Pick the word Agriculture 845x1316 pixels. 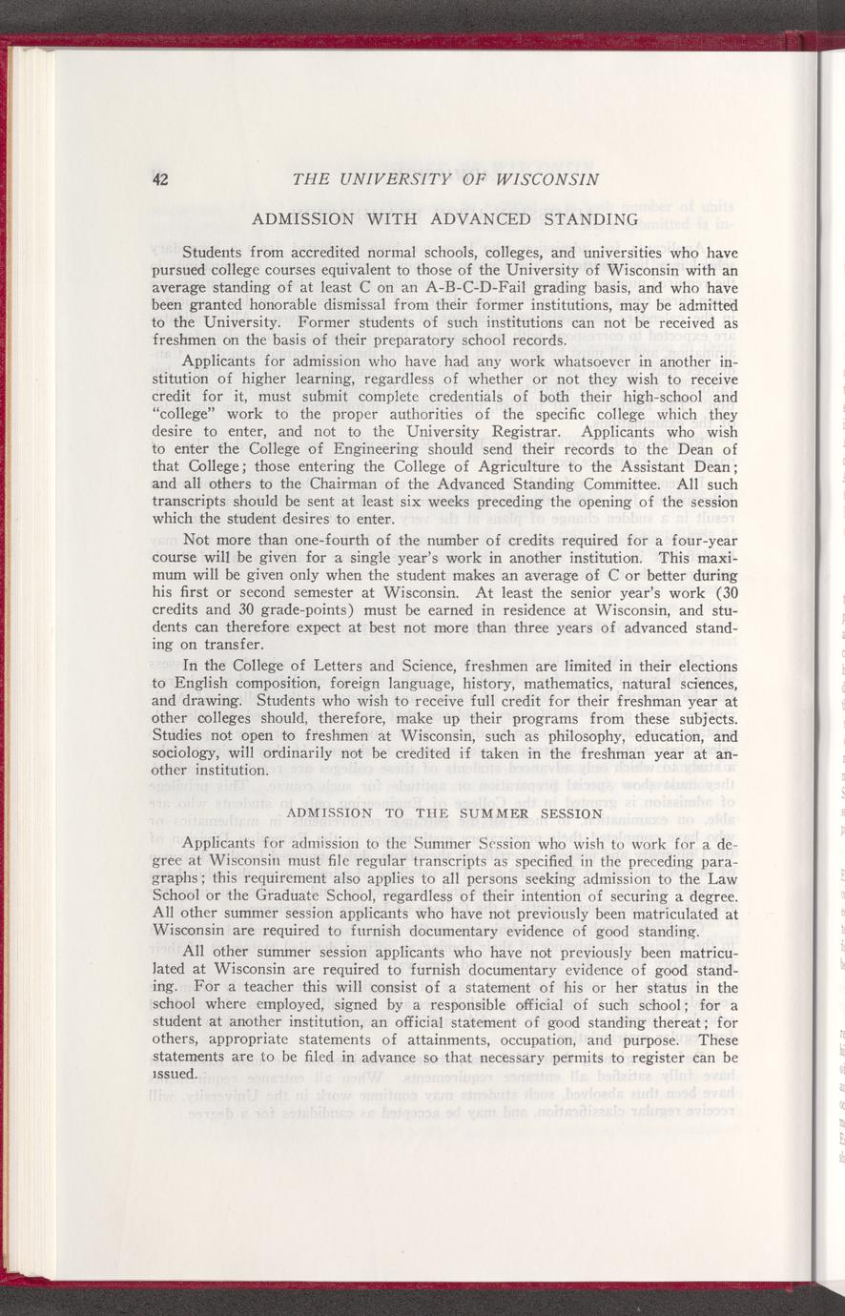[455, 467]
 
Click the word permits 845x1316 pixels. [574, 1056]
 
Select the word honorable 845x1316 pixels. [266, 306]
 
